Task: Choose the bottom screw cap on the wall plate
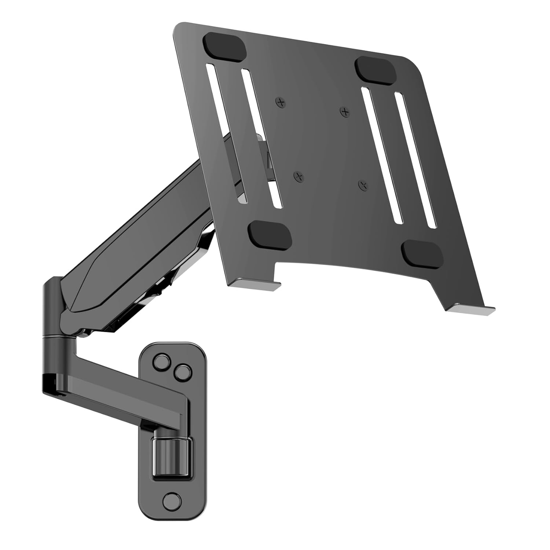pyautogui.click(x=171, y=500)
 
